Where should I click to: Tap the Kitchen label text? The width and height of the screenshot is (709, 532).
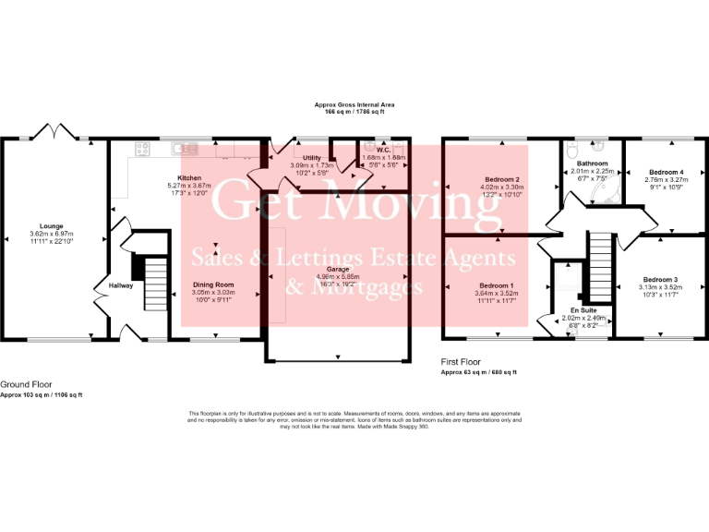189,177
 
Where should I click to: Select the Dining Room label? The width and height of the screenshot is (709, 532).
213,284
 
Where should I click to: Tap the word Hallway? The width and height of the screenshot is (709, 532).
121,285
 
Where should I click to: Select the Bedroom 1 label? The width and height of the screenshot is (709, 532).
495,285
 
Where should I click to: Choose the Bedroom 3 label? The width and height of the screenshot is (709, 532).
660,279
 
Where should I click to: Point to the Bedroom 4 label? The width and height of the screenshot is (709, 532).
666,172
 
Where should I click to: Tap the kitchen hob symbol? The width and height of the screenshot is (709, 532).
144,147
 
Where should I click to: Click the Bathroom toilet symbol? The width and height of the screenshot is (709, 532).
573,151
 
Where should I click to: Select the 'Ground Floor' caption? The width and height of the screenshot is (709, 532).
26,384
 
